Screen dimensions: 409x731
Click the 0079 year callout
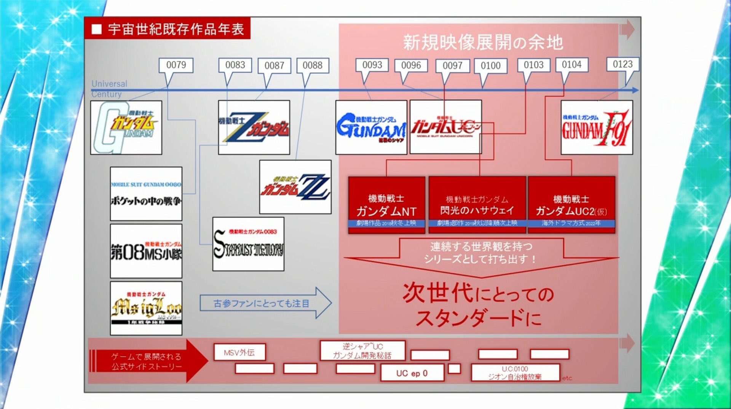[176, 65]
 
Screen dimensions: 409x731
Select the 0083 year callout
[235, 65]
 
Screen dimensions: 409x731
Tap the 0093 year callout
[372, 65]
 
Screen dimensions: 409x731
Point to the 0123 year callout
[622, 64]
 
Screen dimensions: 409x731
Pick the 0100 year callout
[490, 66]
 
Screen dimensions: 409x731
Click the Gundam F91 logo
[597, 127]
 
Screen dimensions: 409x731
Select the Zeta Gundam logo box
[254, 127]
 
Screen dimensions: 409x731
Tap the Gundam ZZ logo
[295, 187]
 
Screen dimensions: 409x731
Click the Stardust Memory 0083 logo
[248, 244]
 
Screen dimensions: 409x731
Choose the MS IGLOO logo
[146, 308]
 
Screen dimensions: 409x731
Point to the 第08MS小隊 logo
[146, 251]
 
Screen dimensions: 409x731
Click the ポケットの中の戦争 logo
[146, 194]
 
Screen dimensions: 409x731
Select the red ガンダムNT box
[386, 205]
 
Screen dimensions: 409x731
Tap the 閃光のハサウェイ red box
[477, 205]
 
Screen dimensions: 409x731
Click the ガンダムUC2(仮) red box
[571, 205]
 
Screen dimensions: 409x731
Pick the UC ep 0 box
[412, 373]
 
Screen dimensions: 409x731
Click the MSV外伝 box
[239, 352]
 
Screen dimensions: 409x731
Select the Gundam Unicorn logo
[445, 127]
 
